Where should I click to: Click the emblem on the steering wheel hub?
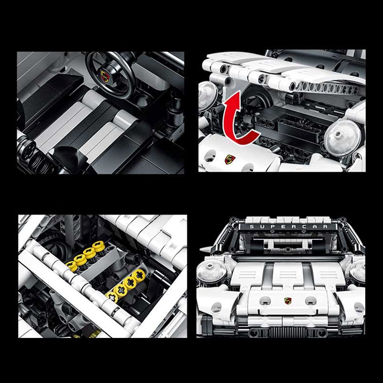[x=104, y=74]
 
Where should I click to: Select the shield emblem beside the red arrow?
[x=230, y=159]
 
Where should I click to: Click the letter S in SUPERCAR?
[x=251, y=226]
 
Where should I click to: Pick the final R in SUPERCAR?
[x=325, y=226]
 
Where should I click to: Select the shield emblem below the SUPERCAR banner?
[x=288, y=301]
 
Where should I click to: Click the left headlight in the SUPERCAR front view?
[x=209, y=270]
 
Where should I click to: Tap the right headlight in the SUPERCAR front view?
[x=358, y=271]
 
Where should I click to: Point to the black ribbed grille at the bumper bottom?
[x=288, y=332]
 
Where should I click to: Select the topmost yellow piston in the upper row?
[x=99, y=246]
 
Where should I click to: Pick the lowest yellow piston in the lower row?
[x=112, y=297]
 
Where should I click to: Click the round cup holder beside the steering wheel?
[x=141, y=100]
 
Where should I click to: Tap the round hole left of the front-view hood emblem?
[x=264, y=301]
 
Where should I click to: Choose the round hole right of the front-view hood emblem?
[x=311, y=301]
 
